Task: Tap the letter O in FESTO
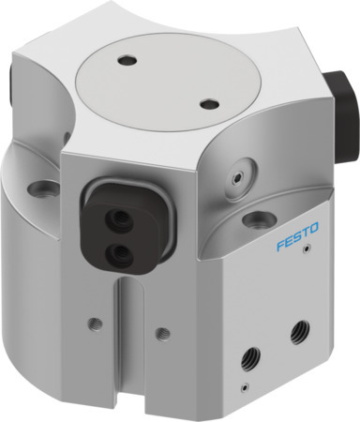tap(315, 224)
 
